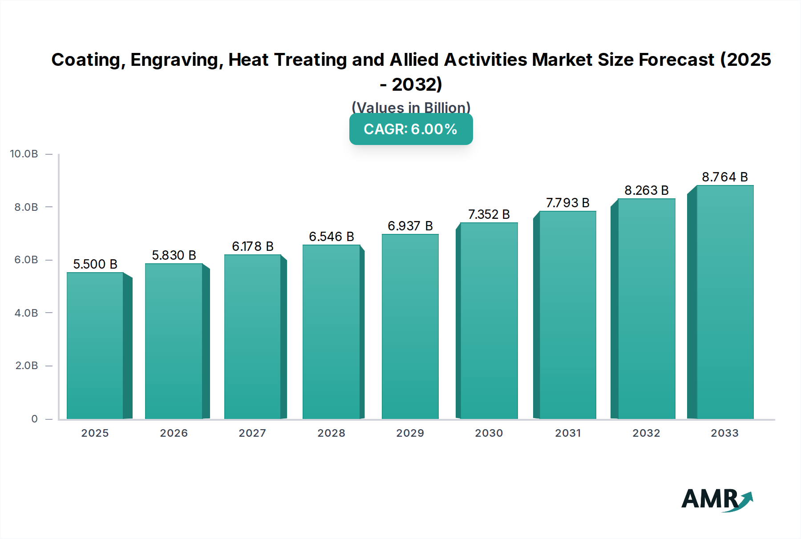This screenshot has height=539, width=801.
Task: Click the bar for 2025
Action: [x=95, y=346]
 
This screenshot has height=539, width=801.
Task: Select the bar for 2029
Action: [x=410, y=326]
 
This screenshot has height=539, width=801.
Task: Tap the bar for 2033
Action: [x=725, y=302]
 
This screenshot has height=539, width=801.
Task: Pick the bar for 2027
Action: [x=252, y=337]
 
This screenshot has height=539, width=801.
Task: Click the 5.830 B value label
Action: [x=174, y=255]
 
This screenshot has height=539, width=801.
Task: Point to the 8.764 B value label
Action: [x=724, y=177]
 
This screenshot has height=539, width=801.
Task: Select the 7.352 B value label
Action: [x=489, y=214]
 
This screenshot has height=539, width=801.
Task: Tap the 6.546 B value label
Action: [x=332, y=237]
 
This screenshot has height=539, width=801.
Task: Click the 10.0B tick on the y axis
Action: [x=24, y=154]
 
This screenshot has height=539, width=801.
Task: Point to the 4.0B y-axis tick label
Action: [x=26, y=313]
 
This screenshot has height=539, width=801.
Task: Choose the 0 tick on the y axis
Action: [x=34, y=418]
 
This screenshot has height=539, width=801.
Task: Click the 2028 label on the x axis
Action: [x=331, y=433]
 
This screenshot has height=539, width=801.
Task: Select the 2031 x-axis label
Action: [x=567, y=433]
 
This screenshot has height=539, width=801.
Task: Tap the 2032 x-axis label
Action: [x=646, y=433]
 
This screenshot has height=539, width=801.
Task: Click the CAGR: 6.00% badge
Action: [x=411, y=129]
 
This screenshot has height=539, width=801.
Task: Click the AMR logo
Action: [x=716, y=499]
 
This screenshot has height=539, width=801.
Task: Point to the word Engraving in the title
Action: [x=177, y=60]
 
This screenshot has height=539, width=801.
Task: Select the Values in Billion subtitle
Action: [x=411, y=108]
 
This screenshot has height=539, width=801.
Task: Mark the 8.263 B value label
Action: [x=646, y=190]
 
